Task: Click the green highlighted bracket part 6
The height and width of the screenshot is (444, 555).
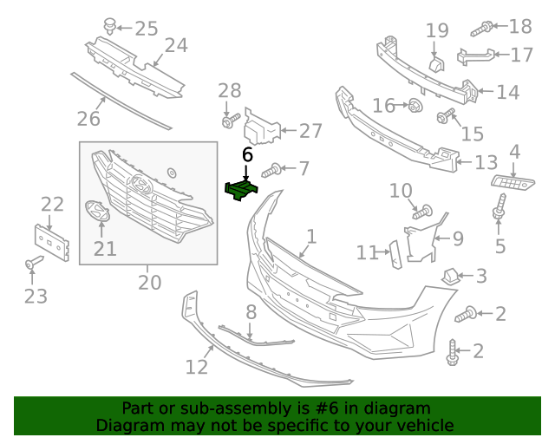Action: coord(240,188)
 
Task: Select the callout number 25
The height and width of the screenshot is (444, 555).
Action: coord(146,29)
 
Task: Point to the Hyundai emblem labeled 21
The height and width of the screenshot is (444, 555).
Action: coord(96,211)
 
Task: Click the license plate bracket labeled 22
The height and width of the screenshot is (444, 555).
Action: coord(50,240)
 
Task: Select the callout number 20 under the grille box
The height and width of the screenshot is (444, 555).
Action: coord(149,283)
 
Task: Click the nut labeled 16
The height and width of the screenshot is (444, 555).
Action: coord(415,107)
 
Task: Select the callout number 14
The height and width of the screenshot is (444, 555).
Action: coord(507,90)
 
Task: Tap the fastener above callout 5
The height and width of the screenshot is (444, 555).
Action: coord(500,208)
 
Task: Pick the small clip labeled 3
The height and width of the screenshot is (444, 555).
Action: coord(450,276)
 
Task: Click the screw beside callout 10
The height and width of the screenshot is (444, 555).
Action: coord(422,210)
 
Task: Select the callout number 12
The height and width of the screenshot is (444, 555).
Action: coord(197,366)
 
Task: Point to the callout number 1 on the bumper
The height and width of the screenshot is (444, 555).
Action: coord(310,236)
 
